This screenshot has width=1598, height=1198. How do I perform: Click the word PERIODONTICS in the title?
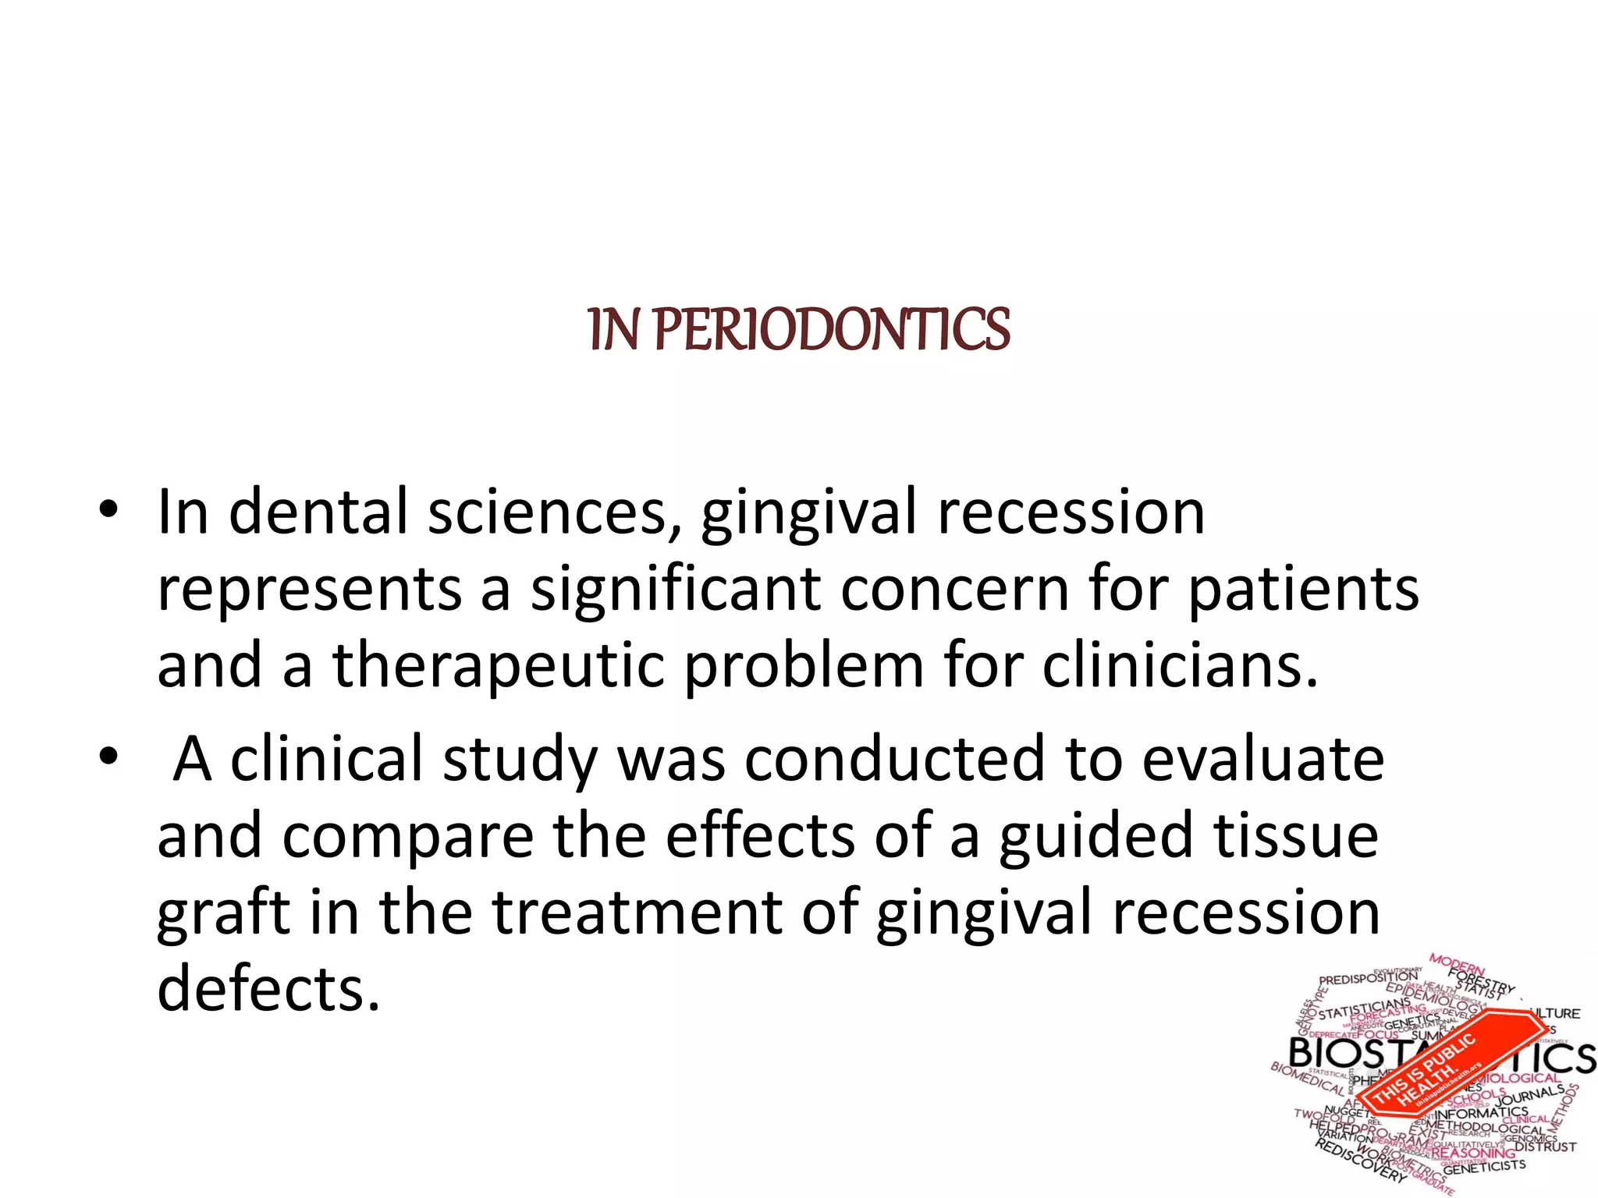tap(832, 330)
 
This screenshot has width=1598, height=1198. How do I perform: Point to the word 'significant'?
tap(676, 590)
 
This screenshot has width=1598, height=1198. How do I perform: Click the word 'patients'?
tap(1303, 590)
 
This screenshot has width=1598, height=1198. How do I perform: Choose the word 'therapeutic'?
tap(499, 666)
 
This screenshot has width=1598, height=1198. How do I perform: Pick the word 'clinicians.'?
tap(1180, 666)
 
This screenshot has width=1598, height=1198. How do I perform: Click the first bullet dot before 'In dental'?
tap(108, 511)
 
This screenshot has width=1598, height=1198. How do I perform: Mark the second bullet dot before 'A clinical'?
tap(108, 757)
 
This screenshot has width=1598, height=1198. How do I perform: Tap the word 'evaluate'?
tap(1263, 759)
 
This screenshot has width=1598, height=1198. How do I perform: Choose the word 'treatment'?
tap(637, 913)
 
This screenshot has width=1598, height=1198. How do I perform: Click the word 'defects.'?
tap(268, 989)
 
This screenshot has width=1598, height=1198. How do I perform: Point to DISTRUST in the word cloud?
tap(1545, 1147)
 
